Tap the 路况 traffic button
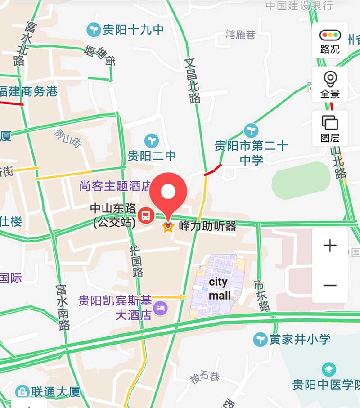(330, 41)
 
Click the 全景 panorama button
(330, 84)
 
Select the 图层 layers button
(330, 128)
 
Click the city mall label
(219, 288)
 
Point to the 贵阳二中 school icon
(152, 141)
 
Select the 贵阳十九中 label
(133, 30)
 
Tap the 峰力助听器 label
(207, 226)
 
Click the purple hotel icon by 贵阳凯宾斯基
(160, 308)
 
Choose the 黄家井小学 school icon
(260, 339)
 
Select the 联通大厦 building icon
(22, 391)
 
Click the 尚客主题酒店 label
(115, 186)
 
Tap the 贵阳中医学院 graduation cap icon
(329, 370)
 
